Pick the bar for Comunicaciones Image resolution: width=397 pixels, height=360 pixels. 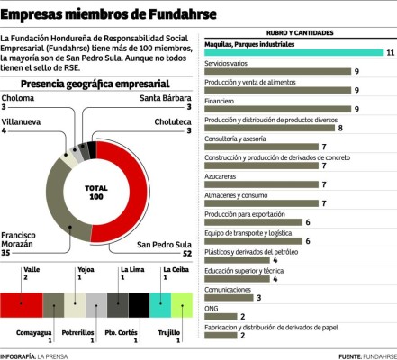point(229,297)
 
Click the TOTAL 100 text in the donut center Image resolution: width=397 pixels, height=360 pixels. point(95,193)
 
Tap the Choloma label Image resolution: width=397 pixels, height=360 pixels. point(18,123)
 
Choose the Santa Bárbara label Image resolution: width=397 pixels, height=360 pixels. point(165,123)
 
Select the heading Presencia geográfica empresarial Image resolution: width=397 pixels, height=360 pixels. point(96,108)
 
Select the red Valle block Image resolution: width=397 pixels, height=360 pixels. point(22,304)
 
